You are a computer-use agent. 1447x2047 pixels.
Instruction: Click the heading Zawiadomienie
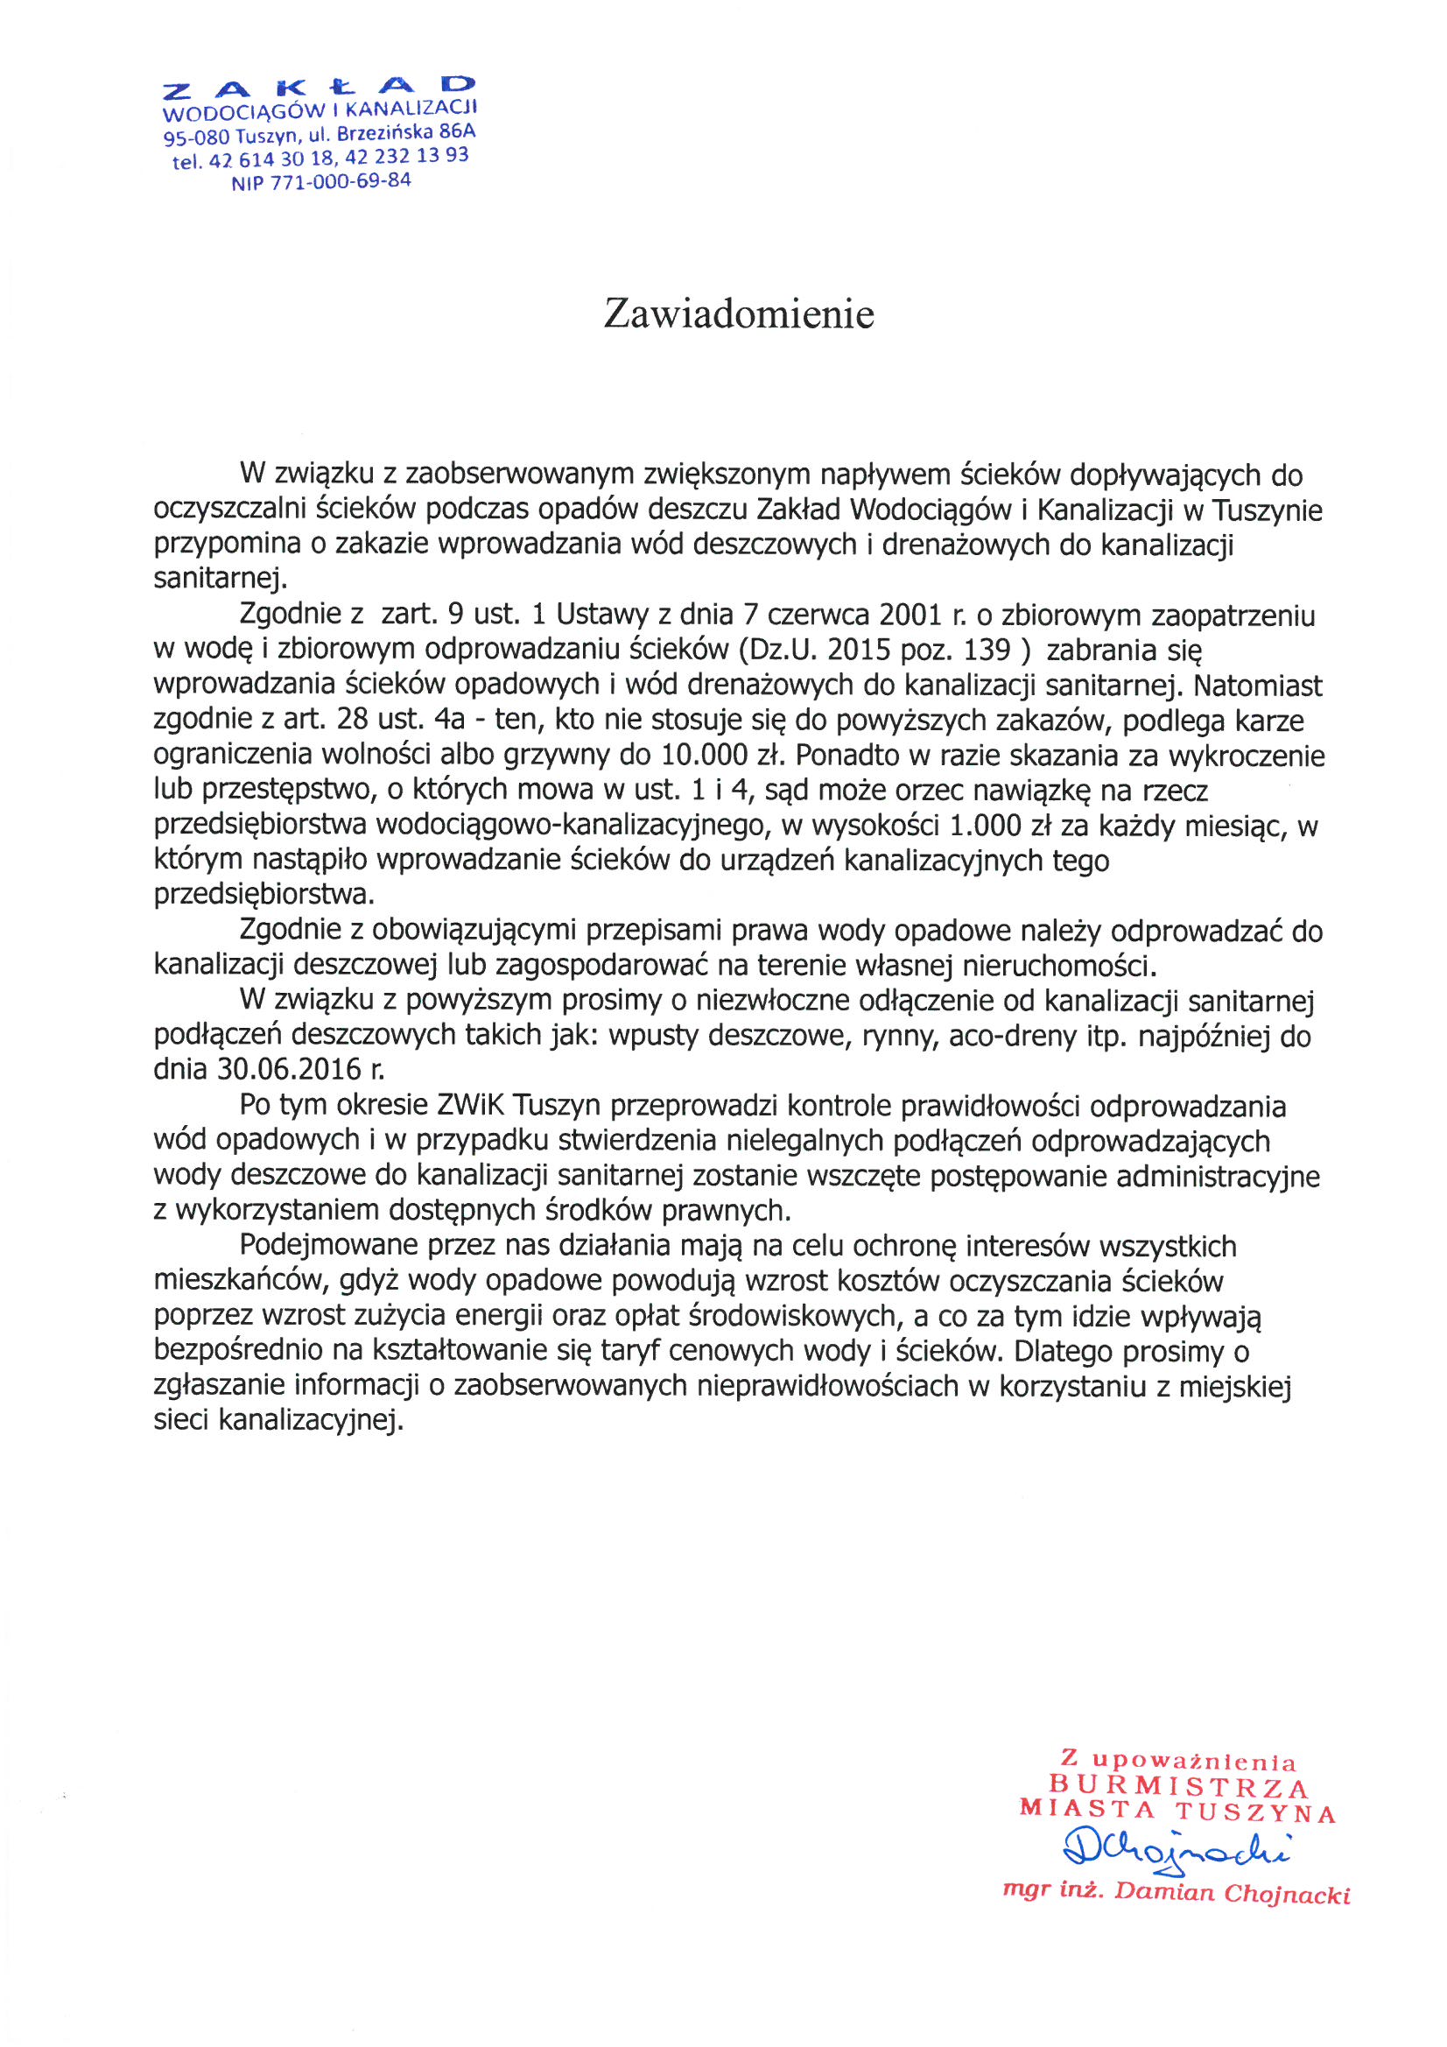[x=738, y=313]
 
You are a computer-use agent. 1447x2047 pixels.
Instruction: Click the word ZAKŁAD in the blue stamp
[x=320, y=87]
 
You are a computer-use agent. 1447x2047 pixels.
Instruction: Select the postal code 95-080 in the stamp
[x=196, y=137]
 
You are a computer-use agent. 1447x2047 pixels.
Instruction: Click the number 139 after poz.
[x=987, y=650]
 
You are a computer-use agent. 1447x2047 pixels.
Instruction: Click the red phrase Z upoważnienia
[x=1177, y=1761]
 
